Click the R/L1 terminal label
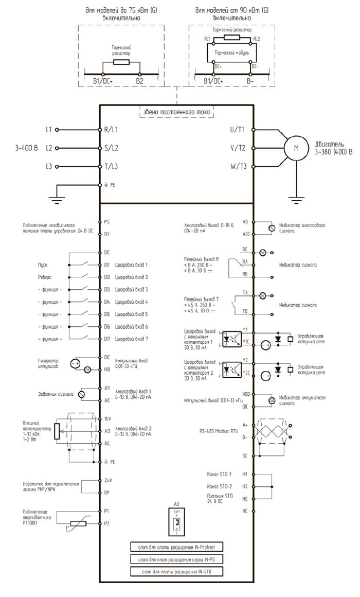[112, 130]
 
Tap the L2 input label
[49, 148]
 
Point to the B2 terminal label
[140, 81]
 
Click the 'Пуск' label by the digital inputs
[43, 265]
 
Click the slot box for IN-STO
[176, 572]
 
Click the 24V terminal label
[108, 480]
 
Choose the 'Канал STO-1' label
[219, 473]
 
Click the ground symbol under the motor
[295, 196]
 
